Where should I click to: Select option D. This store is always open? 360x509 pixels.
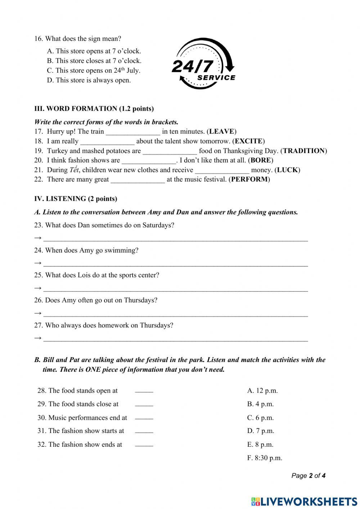[x=89, y=80]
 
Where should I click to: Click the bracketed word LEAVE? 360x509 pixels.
[x=221, y=131]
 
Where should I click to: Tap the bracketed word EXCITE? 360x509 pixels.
[x=248, y=141]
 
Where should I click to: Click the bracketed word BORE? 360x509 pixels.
[x=261, y=160]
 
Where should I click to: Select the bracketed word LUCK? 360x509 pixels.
[x=287, y=170]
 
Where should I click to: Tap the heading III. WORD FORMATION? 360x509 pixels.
[x=94, y=109]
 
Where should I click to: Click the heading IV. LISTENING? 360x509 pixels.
[x=76, y=199]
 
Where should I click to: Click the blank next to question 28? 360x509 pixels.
[x=144, y=391]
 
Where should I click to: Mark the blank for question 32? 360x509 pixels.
[x=144, y=445]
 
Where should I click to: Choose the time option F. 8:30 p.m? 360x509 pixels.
[x=265, y=458]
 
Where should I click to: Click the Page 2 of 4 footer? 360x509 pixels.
[x=308, y=476]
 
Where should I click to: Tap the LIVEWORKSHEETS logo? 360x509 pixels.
[x=304, y=501]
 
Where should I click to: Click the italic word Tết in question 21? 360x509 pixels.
[x=74, y=170]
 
